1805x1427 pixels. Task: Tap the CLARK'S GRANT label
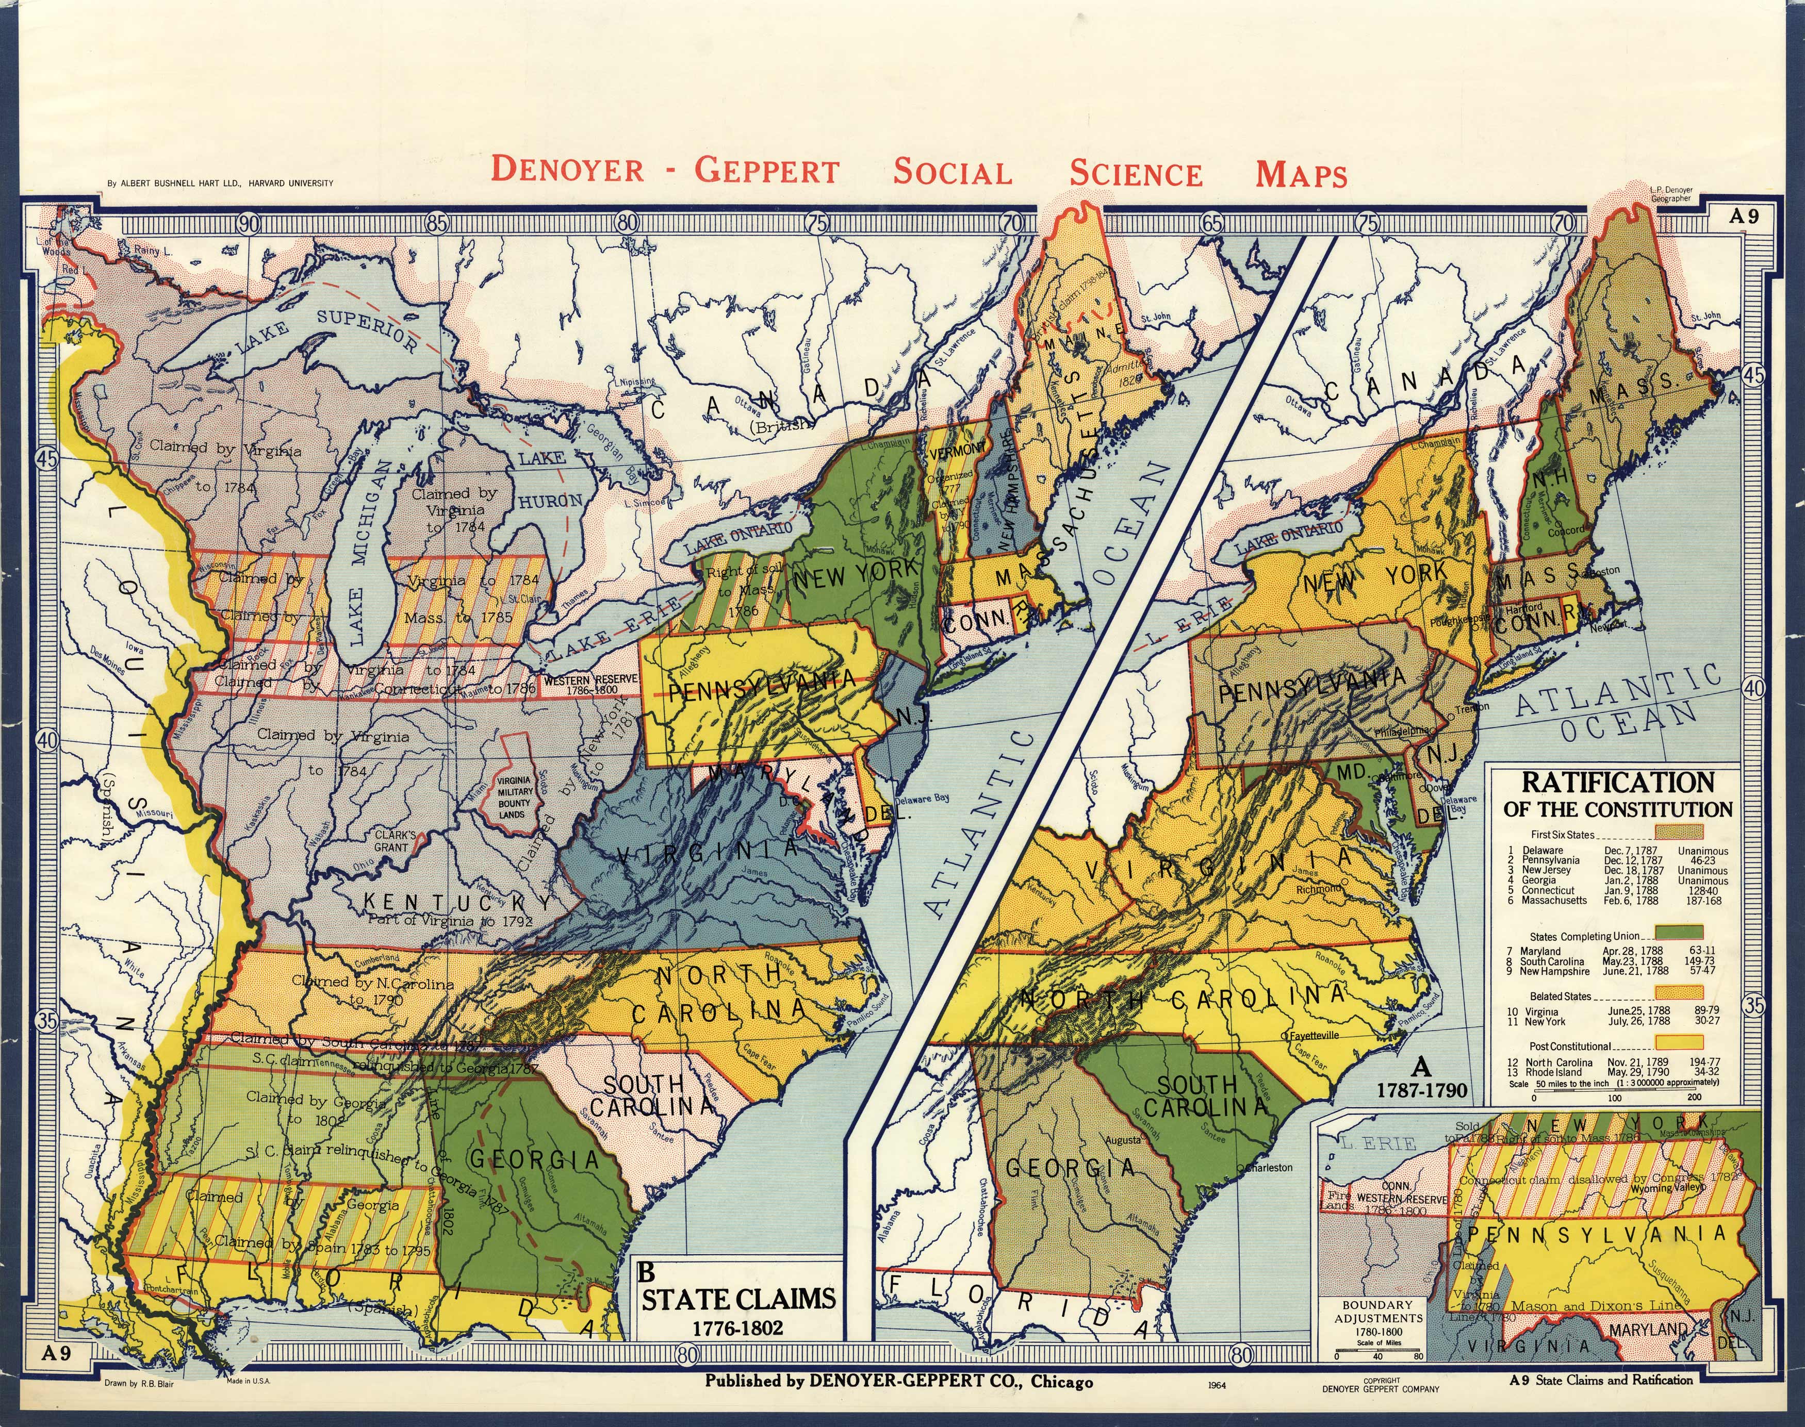click(x=395, y=840)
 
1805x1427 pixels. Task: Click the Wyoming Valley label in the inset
click(x=1663, y=1188)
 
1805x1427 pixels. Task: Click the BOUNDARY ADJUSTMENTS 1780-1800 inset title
click(x=1377, y=1318)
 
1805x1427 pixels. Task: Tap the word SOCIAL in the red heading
click(x=953, y=172)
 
